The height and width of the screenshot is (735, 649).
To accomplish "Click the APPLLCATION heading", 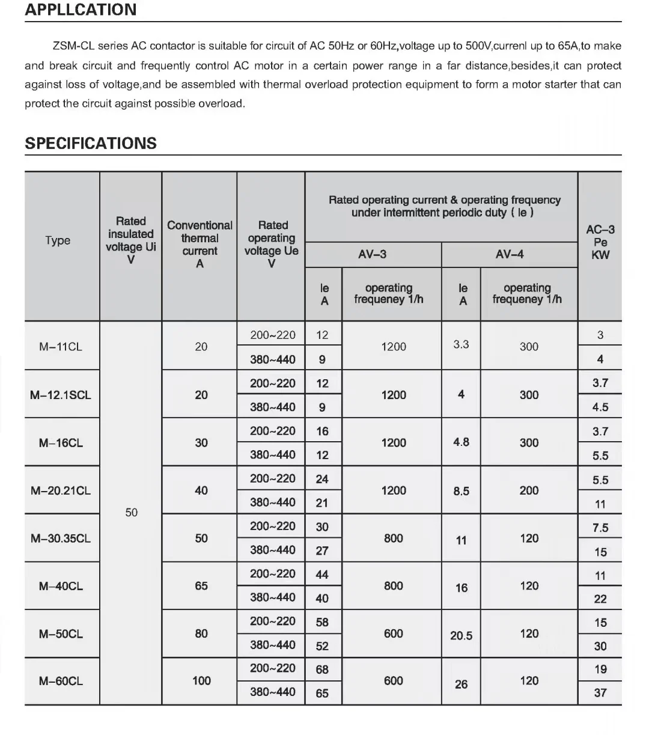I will tap(81, 10).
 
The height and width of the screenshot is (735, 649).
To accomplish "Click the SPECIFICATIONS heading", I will tap(91, 144).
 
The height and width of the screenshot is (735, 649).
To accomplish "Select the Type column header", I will tap(58, 240).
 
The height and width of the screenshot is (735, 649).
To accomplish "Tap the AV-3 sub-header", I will tap(373, 254).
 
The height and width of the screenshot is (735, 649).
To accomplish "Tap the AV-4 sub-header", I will tap(509, 254).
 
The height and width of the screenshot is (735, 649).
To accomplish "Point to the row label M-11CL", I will tap(61, 347).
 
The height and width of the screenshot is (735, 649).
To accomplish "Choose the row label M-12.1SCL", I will tap(61, 395).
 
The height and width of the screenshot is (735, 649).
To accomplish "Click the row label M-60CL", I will tap(61, 681).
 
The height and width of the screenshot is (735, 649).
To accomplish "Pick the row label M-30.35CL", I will tap(61, 538).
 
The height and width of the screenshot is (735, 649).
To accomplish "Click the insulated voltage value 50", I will tap(131, 513).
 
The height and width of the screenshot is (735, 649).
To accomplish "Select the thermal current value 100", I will tap(201, 680).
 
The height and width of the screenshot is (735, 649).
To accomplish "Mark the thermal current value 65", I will tap(201, 585).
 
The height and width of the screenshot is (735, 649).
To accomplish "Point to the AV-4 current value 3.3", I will tap(461, 345).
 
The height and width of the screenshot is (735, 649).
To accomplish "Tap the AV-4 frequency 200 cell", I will tap(529, 490).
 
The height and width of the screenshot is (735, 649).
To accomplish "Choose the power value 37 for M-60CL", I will tap(600, 692).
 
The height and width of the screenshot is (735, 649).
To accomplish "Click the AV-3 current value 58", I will tap(322, 622).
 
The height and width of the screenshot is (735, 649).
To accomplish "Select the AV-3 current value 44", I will tap(322, 574).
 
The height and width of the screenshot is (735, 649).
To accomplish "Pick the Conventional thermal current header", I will tap(200, 244).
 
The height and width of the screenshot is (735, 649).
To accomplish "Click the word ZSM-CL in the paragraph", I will tap(73, 46).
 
